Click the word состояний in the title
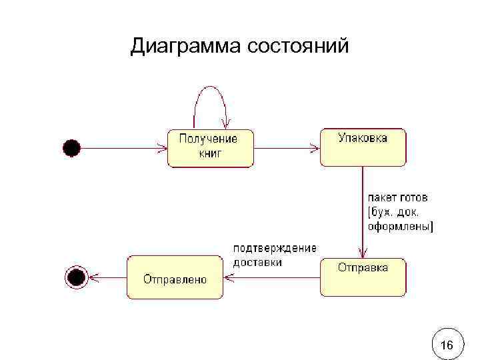pos(297,47)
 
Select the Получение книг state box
pos(210,147)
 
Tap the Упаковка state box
pos(363,147)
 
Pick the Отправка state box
pos(363,277)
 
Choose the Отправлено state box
pos(175,277)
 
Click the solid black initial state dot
pos(71,147)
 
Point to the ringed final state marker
pos(76,276)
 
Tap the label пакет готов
pos(398,198)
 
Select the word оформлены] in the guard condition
pos(401,226)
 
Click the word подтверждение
pos(274,248)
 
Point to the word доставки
pos(257,262)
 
